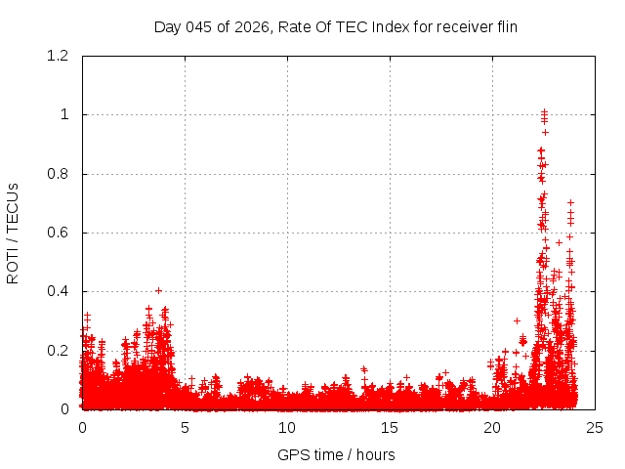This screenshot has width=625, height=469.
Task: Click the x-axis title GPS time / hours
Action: click(x=336, y=454)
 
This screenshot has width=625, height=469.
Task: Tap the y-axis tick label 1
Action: click(x=65, y=114)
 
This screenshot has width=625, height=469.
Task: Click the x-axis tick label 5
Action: click(x=185, y=428)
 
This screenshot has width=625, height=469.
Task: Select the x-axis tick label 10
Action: click(x=287, y=428)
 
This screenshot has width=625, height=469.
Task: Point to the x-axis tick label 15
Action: click(x=390, y=428)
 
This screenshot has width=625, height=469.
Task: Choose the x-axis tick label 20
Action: click(x=492, y=428)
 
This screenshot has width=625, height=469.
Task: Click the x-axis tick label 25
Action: click(x=595, y=428)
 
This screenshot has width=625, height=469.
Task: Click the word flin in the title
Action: click(x=504, y=26)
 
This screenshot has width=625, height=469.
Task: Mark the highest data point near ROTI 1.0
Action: click(x=544, y=111)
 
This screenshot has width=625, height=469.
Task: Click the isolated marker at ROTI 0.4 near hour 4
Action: click(x=158, y=290)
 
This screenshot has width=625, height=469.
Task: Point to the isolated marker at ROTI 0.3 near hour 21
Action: click(x=517, y=320)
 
